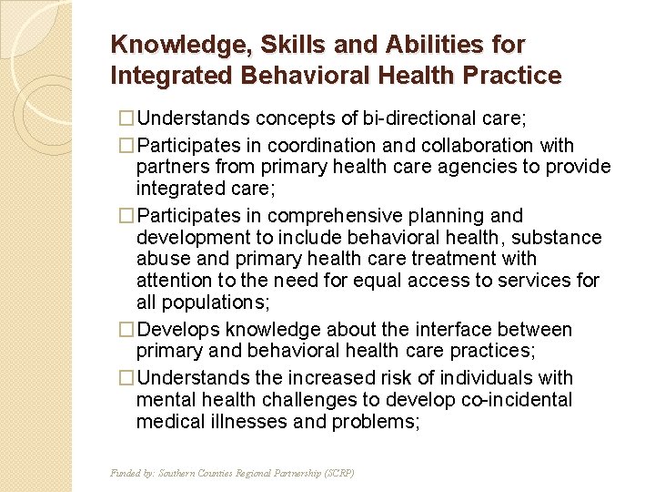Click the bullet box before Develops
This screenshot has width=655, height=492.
click(127, 330)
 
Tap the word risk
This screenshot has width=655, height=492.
click(388, 378)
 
